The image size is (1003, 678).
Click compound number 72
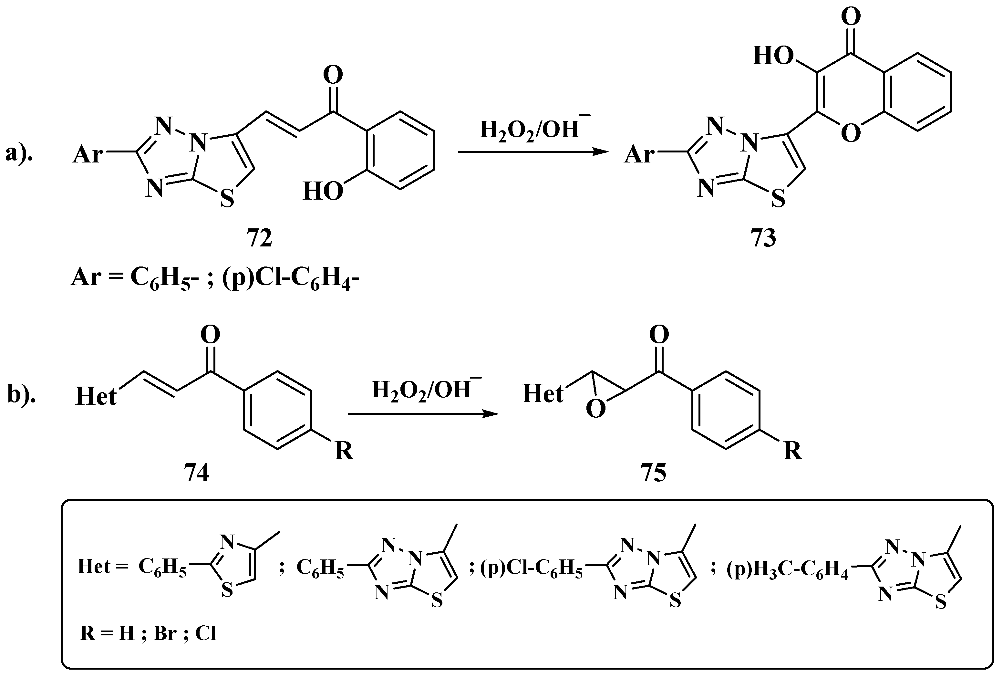pos(259,238)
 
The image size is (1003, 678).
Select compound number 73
pos(763,238)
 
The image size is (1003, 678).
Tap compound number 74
pos(197,473)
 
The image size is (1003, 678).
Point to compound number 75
pos(653,473)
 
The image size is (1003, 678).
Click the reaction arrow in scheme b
pos(423,414)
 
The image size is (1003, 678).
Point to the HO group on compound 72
pos(323,191)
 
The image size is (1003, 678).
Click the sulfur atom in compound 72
pos(227,199)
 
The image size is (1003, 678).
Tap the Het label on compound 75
pos(543,394)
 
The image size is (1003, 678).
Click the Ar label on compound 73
pos(639,154)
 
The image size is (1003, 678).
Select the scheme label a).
pos(19,154)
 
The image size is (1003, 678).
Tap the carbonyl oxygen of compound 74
pos(210,335)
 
